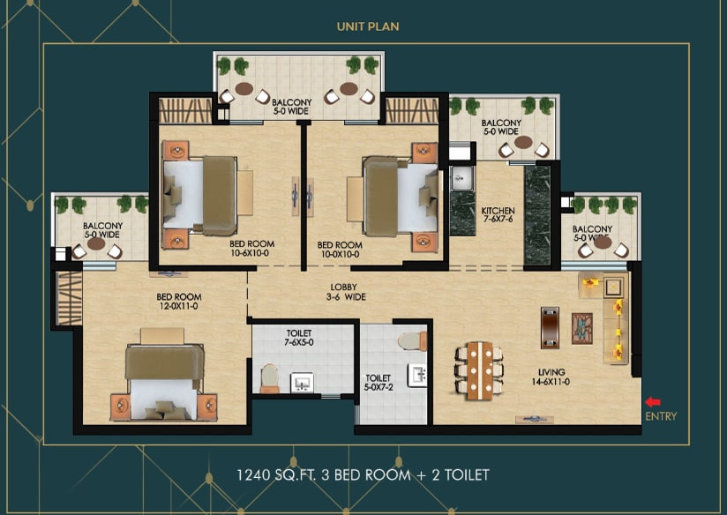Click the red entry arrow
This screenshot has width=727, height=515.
pos(653,402)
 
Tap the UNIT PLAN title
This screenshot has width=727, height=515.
pos(368,26)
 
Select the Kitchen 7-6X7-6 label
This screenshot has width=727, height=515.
pos(498,214)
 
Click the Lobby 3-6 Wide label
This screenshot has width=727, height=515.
pos(346,292)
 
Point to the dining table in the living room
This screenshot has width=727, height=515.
pos(479,370)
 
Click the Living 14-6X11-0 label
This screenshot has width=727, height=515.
pos(551,377)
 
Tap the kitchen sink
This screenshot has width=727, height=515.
pos(461,178)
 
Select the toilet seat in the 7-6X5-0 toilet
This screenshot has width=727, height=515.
pos(270,377)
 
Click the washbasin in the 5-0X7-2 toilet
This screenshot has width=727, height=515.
pos(416,375)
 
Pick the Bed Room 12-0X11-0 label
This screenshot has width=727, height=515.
pos(178,302)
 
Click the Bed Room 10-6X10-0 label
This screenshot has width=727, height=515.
pos(251,249)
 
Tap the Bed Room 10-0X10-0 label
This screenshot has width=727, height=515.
pos(340,250)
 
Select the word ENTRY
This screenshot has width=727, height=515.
pos(661,416)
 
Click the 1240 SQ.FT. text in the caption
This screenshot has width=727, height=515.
pos(276,475)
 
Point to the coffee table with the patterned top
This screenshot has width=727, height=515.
pos(582,329)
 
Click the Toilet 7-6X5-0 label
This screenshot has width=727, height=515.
pos(299,338)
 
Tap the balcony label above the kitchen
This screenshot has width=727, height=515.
pos(501,127)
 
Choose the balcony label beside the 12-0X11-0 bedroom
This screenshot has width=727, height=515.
pos(103,230)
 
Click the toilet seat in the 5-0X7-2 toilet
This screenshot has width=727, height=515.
pos(412,340)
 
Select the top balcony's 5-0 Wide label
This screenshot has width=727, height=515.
pos(291,111)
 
